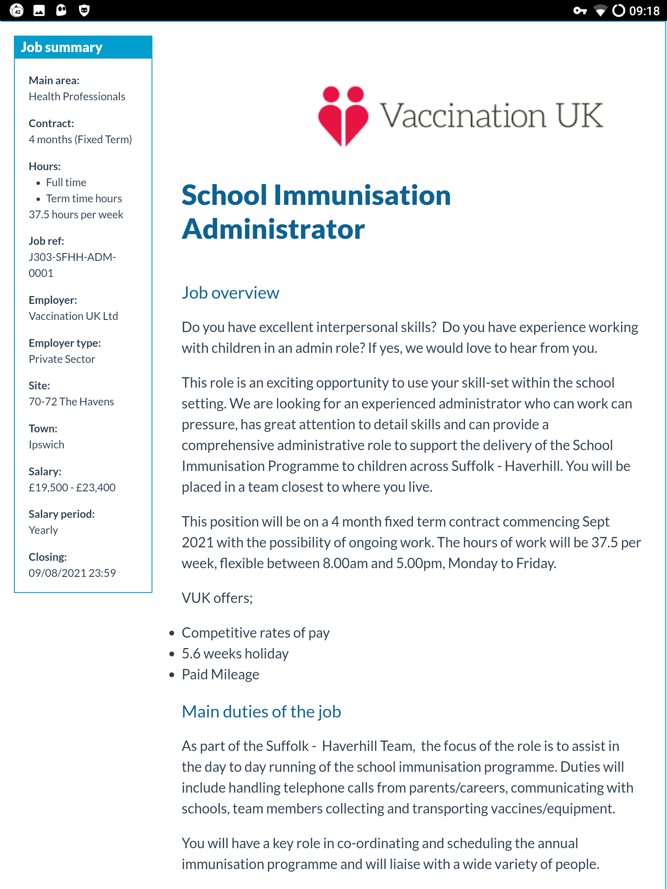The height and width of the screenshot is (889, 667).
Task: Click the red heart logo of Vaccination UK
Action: [343, 116]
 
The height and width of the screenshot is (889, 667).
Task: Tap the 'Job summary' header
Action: [62, 47]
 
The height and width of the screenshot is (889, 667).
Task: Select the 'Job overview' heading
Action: [230, 293]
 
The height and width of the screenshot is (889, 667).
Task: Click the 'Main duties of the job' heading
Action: [261, 712]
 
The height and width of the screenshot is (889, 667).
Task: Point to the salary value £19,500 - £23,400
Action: [72, 487]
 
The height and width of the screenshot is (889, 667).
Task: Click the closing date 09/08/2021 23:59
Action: [72, 573]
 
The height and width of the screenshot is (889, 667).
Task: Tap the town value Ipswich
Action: [46, 444]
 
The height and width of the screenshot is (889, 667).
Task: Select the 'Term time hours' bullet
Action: [84, 198]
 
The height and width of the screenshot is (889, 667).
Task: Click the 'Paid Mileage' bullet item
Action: [220, 675]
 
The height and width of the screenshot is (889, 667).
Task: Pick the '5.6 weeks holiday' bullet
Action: [235, 654]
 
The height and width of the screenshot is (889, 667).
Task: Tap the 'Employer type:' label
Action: [65, 343]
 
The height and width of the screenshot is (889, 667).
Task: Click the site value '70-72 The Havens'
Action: [71, 402]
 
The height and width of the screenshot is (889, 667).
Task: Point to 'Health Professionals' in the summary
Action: [77, 96]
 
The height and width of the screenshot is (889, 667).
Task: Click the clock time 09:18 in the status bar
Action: [644, 10]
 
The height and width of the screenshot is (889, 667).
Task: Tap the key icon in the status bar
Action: [580, 10]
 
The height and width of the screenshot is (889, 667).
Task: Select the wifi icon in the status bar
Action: [600, 10]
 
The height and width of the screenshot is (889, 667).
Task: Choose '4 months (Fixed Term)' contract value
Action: [80, 139]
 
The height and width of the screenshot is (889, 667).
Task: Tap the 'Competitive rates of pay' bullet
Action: [255, 633]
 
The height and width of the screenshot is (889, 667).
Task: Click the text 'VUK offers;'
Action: [217, 598]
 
